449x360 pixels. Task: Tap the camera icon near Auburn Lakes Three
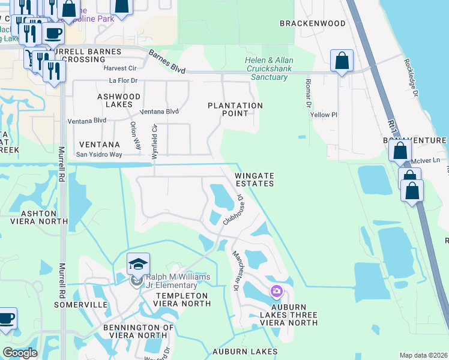277,292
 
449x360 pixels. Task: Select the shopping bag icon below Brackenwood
342,61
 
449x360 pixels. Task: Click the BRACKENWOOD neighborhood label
313,23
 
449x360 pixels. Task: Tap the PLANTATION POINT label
235,109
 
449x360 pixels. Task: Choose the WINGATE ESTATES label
254,179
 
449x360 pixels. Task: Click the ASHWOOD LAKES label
119,100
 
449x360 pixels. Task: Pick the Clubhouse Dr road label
233,209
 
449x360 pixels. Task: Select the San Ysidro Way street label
98,154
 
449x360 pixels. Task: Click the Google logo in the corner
20,353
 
